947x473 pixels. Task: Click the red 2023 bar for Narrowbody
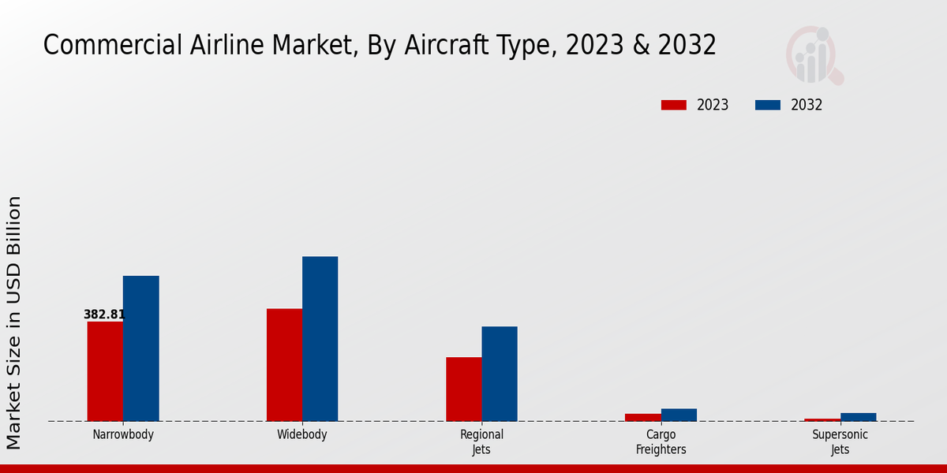click(x=105, y=371)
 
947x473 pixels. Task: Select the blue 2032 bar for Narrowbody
click(x=140, y=348)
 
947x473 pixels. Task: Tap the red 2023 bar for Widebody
click(x=284, y=365)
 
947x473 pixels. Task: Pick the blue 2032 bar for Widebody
click(x=320, y=339)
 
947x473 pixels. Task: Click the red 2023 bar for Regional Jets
click(x=463, y=389)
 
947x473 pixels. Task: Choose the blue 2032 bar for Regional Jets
click(x=500, y=374)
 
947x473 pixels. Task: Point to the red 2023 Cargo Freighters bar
click(x=642, y=417)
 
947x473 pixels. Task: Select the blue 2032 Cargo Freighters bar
click(x=679, y=415)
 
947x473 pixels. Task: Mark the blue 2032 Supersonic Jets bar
click(x=858, y=417)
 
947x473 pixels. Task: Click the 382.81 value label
click(x=104, y=315)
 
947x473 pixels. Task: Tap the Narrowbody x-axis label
click(x=123, y=434)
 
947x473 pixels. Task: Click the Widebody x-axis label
click(x=302, y=434)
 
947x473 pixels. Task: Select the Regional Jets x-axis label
click(x=481, y=441)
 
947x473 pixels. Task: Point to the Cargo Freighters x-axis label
click(x=661, y=441)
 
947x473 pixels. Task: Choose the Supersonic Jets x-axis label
click(x=840, y=441)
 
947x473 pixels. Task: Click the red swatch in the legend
click(x=674, y=105)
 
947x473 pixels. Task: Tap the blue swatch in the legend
click(x=768, y=105)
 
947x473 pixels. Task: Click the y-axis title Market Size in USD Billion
click(x=14, y=323)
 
